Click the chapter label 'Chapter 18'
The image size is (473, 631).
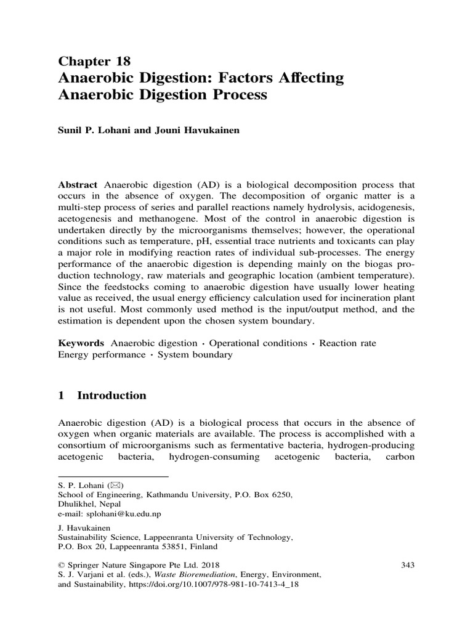[94, 60]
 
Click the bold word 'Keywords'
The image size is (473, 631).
[81, 343]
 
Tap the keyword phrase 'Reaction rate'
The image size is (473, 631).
[348, 343]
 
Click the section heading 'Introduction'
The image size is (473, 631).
[111, 396]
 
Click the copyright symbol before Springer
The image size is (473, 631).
[62, 564]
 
